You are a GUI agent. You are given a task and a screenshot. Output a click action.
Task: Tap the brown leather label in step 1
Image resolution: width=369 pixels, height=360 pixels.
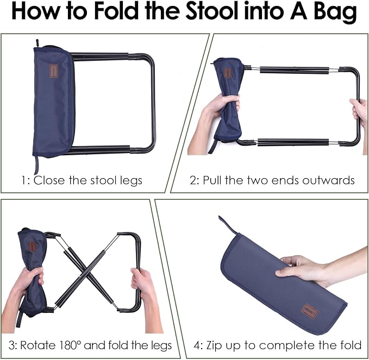pyautogui.click(x=54, y=71)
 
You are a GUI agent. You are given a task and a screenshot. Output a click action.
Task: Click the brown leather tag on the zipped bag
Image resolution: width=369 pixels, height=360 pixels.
pyautogui.click(x=310, y=311)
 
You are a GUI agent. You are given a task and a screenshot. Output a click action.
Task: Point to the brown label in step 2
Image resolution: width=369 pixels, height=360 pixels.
pyautogui.click(x=228, y=73)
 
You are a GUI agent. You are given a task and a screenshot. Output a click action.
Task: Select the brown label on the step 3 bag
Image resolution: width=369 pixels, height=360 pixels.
pyautogui.click(x=32, y=247)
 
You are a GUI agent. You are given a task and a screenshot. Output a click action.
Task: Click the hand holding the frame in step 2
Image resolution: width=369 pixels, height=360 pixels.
pyautogui.click(x=359, y=112)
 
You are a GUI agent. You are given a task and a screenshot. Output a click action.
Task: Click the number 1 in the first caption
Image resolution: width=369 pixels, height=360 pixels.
pyautogui.click(x=24, y=181)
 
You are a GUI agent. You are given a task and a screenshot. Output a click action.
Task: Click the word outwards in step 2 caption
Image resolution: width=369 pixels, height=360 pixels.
pyautogui.click(x=328, y=180)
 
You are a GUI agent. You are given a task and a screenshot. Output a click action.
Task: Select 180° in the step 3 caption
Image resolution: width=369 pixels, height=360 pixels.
pyautogui.click(x=70, y=345)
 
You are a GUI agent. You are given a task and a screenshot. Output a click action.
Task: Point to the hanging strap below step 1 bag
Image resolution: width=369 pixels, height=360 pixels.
pyautogui.click(x=36, y=165)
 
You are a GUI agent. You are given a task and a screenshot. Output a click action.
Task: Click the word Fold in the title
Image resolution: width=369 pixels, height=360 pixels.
pyautogui.click(x=116, y=11)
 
